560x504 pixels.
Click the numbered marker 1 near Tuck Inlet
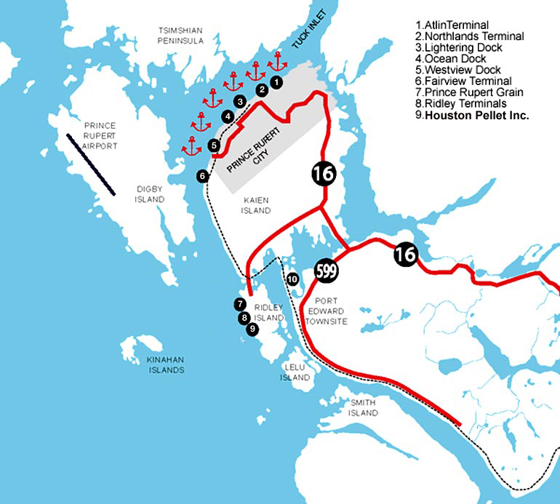(276, 82)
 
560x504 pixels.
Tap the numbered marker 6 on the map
(203, 175)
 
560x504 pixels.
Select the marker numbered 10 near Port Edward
(292, 279)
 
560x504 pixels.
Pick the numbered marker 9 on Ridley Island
(252, 329)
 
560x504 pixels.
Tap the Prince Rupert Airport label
(100, 136)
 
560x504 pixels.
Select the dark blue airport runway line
(90, 164)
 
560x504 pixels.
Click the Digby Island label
(150, 194)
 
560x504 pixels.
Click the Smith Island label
(364, 407)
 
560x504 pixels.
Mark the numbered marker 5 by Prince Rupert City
(214, 145)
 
